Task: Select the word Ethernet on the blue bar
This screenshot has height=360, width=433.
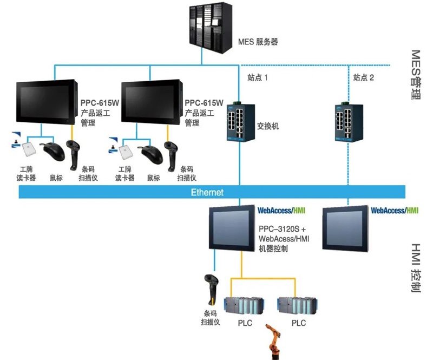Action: (x=207, y=192)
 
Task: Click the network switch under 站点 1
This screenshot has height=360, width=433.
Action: (x=237, y=121)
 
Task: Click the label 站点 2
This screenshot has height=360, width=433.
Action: (x=364, y=77)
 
